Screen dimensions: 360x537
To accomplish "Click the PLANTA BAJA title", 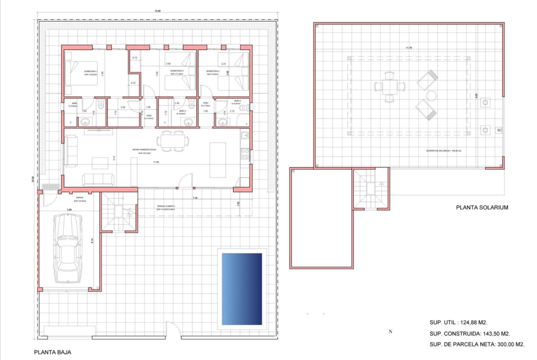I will [x=53, y=353].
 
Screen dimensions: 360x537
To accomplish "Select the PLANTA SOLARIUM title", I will [x=482, y=207].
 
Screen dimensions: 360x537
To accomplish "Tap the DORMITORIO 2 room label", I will [x=176, y=71].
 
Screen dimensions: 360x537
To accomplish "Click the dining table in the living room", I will [x=173, y=140].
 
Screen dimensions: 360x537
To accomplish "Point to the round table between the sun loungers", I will [x=431, y=95].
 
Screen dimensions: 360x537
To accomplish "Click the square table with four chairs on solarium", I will [x=389, y=86].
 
